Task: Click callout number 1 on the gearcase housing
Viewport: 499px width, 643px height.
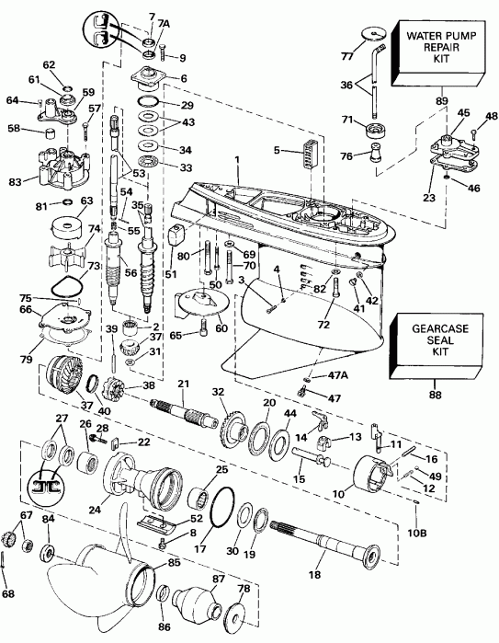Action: tap(236, 159)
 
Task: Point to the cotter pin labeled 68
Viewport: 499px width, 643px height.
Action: tap(9, 580)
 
